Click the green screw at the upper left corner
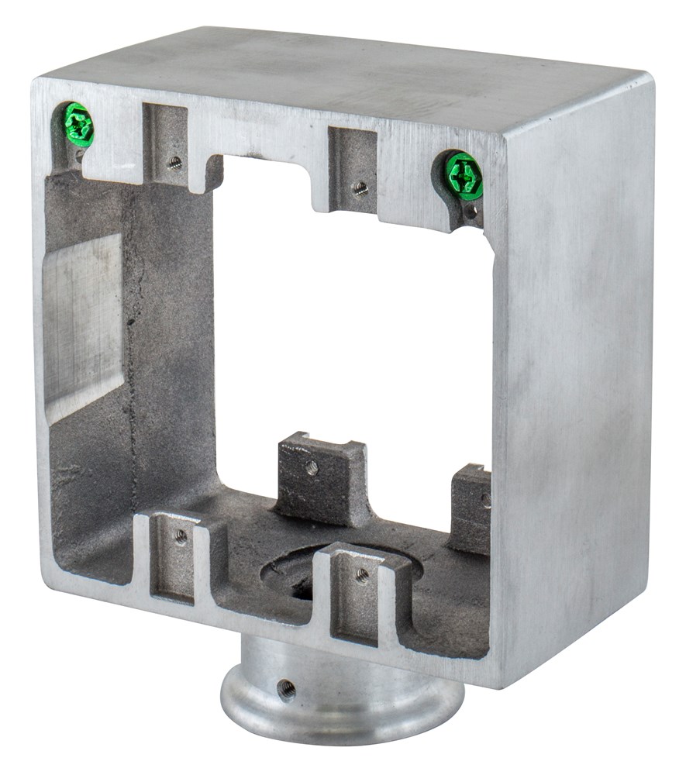click(x=78, y=125)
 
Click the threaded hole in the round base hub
click(x=286, y=687)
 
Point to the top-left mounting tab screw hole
click(x=175, y=162)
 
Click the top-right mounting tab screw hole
click(x=360, y=187)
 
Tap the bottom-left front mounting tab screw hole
click(x=181, y=537)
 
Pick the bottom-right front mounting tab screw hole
click(x=362, y=574)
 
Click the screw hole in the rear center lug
click(x=311, y=467)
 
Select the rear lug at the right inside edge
click(x=471, y=508)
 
